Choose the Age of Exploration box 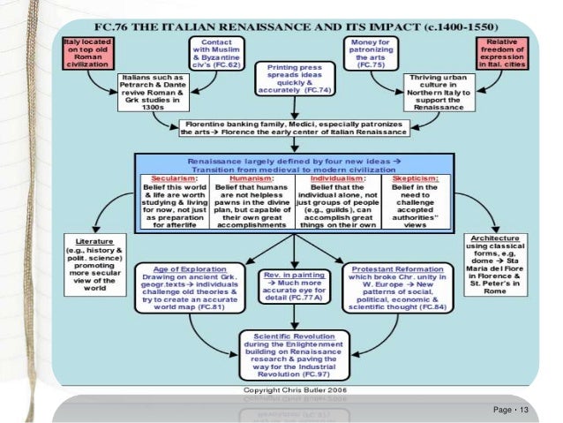(185, 287)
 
